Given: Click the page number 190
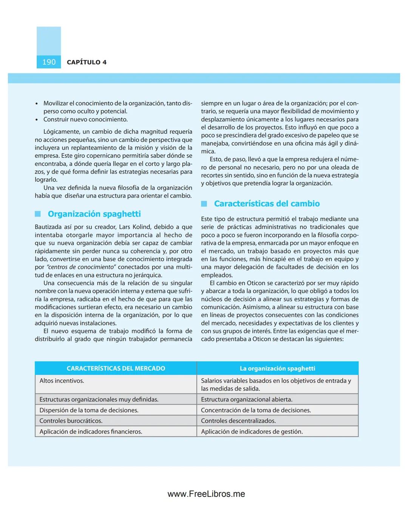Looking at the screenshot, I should (49, 62).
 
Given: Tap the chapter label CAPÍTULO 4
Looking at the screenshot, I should (87, 62).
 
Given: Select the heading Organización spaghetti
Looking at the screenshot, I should (94, 214).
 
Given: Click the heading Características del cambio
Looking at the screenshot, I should (267, 204).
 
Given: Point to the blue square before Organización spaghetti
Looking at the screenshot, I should (38, 214).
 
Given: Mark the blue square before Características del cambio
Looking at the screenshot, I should (204, 204).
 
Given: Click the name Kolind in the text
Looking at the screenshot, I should (141, 227).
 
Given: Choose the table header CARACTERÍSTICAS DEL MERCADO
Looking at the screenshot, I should (116, 369).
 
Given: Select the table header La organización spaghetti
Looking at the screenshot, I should (277, 369).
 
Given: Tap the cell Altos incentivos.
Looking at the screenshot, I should (62, 381).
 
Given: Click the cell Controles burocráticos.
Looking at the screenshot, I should (71, 421).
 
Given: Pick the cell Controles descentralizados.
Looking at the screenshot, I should (238, 421).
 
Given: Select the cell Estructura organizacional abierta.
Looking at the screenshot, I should (246, 399).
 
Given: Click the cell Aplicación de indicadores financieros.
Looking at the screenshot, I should (91, 432).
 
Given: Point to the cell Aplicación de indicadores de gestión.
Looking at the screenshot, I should (252, 432).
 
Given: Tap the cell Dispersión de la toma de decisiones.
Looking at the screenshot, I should (89, 410).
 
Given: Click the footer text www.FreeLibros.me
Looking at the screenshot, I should (206, 494).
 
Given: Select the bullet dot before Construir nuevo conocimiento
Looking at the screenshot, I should (37, 120).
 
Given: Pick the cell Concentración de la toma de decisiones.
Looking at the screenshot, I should (256, 410).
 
